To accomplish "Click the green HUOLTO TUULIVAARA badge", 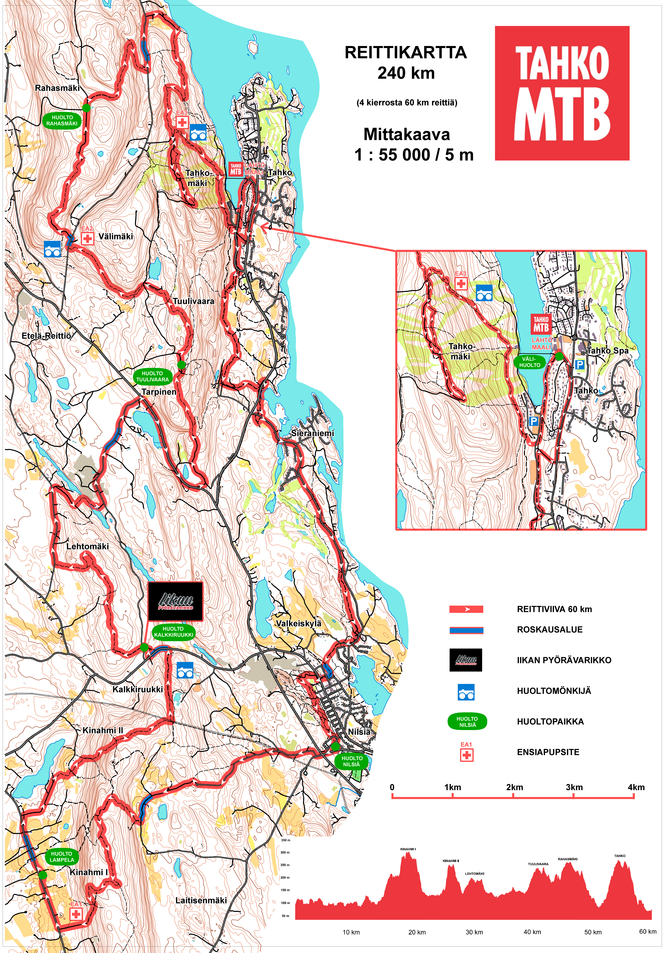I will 152,376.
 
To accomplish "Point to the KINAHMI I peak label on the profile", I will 408,849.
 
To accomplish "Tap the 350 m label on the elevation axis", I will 286,840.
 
